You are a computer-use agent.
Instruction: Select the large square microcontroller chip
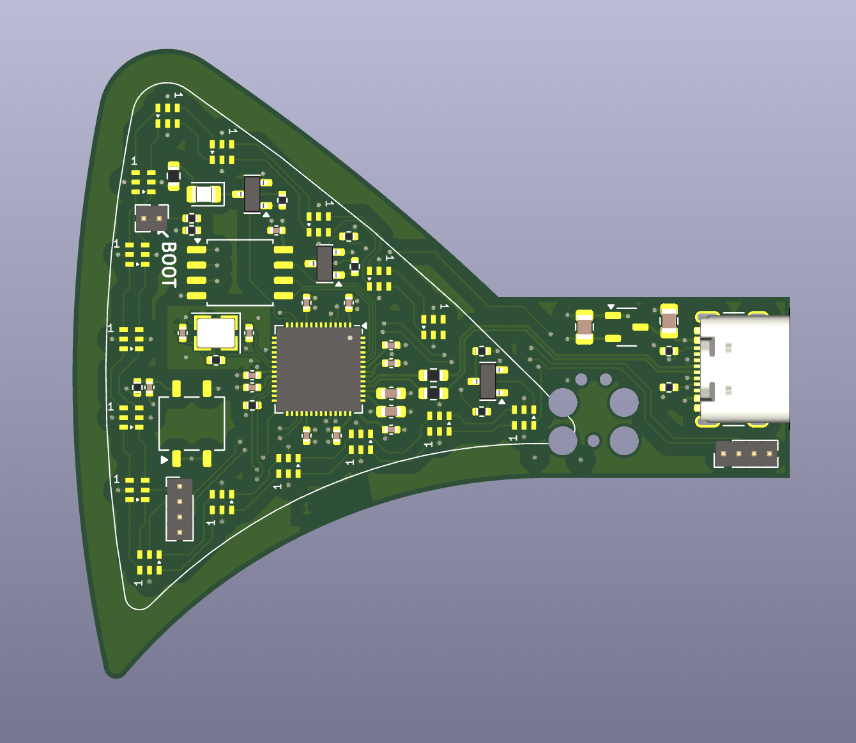pos(319,369)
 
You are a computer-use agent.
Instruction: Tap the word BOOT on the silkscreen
pos(169,265)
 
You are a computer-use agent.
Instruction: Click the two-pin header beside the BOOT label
pos(151,218)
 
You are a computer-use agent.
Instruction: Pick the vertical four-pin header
pos(180,509)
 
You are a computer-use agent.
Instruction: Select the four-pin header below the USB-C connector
pos(746,453)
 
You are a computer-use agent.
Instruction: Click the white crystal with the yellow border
pos(216,333)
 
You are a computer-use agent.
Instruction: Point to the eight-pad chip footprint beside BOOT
pos(240,273)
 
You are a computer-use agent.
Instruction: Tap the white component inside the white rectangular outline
pos(204,194)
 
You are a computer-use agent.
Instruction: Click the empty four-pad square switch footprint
pos(192,423)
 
